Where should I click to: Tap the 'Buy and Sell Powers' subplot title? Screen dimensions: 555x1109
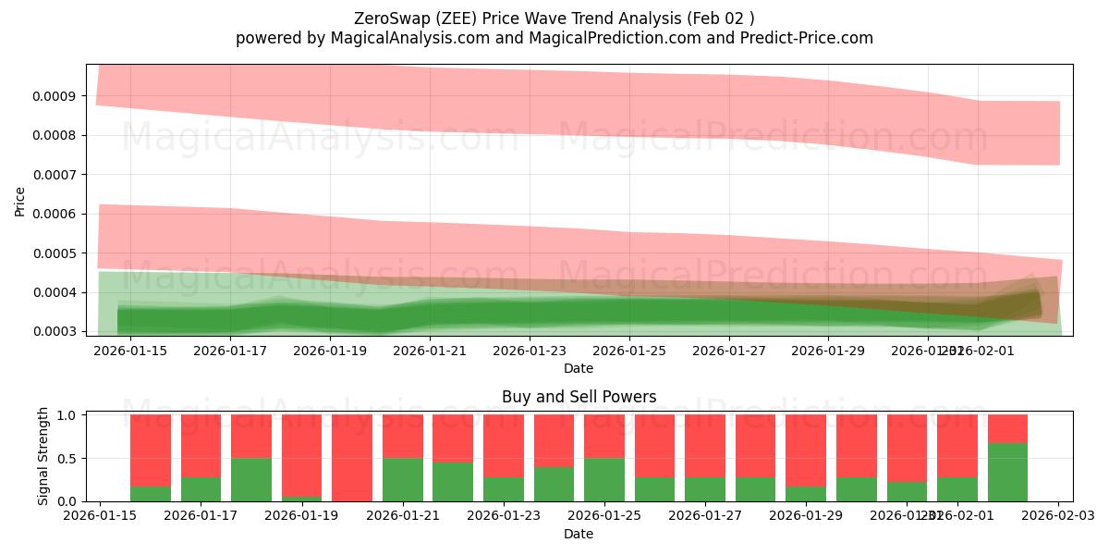(x=579, y=397)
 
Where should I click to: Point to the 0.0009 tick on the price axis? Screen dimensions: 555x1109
(x=57, y=96)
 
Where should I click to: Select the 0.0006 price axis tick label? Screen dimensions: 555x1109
(x=57, y=214)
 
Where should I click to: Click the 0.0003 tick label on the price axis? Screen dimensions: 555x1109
(x=57, y=331)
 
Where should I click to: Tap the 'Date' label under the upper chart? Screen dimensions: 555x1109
(x=579, y=368)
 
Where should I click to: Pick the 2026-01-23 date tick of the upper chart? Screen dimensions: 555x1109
(x=530, y=351)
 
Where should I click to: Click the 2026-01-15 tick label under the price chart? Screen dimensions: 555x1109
(x=129, y=351)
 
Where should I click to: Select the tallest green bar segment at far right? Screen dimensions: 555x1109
(x=1007, y=473)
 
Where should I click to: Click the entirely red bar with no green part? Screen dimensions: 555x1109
(x=352, y=458)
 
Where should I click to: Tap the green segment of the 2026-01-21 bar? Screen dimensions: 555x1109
(x=403, y=480)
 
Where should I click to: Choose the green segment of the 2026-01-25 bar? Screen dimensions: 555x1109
(x=603, y=480)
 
